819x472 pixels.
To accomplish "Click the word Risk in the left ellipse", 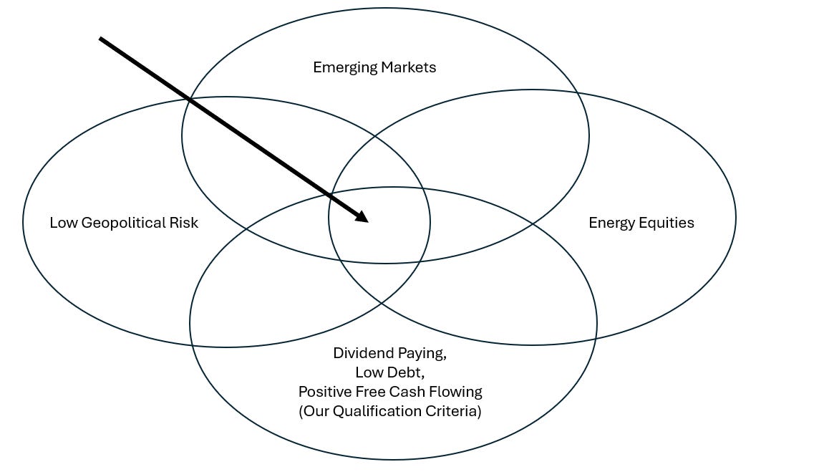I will pyautogui.click(x=185, y=223).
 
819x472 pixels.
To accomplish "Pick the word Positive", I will pyautogui.click(x=322, y=392).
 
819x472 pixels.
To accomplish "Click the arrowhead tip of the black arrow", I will pyautogui.click(x=367, y=221).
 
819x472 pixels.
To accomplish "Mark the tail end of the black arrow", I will pyautogui.click(x=101, y=39).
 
